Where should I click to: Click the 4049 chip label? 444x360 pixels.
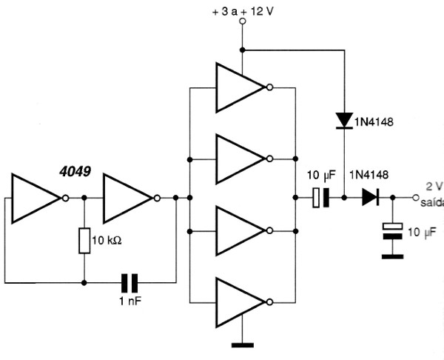click(75, 172)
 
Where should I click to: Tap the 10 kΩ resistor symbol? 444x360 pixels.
click(84, 241)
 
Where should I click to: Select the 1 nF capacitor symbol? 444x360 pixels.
click(129, 283)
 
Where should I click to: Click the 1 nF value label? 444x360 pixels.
click(130, 301)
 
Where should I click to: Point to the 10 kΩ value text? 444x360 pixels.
click(107, 241)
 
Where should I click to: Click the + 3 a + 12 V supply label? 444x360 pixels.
click(243, 11)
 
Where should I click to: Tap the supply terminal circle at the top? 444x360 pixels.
click(243, 21)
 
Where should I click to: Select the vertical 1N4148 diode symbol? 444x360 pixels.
click(344, 121)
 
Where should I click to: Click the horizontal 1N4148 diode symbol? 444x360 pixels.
click(371, 197)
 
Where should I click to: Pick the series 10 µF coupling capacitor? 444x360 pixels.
click(321, 197)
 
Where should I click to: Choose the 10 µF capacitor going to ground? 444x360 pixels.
click(392, 231)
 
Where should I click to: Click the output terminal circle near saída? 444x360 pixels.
click(415, 198)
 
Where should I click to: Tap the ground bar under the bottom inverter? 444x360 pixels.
click(243, 345)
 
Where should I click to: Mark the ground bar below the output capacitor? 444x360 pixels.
click(392, 257)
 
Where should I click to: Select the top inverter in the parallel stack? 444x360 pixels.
click(240, 87)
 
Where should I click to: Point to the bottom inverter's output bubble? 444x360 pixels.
click(270, 302)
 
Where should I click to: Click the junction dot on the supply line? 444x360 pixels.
click(243, 50)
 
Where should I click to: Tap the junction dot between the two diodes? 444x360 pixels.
click(344, 198)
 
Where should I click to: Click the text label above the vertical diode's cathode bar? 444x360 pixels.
click(374, 122)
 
